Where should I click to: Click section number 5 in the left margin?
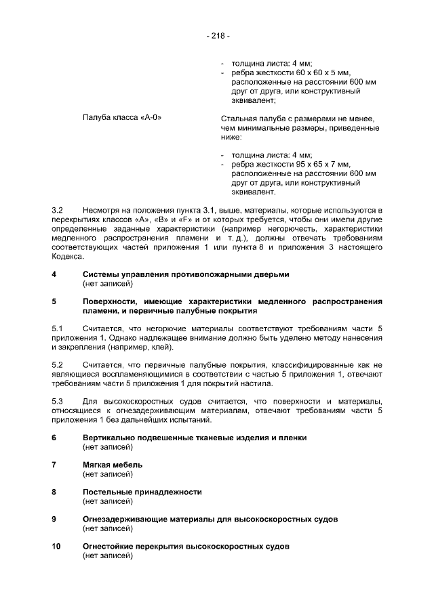[x=54, y=301]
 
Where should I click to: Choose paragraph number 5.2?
[x=58, y=365]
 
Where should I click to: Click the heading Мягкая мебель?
[x=113, y=465]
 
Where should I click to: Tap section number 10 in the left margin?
[x=56, y=546]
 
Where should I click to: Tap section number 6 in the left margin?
[x=54, y=438]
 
